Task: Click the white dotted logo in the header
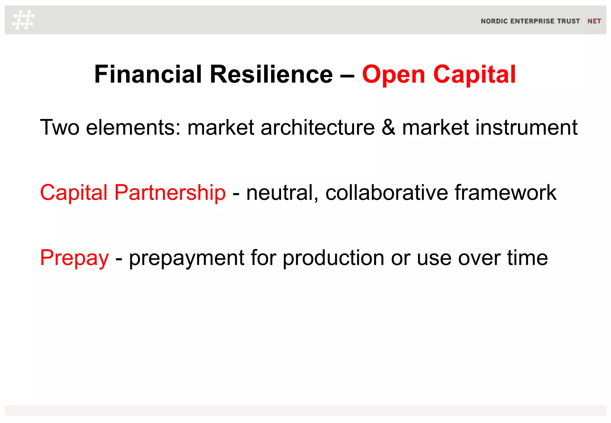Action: coord(23,20)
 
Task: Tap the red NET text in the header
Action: coord(594,21)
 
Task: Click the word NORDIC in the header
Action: coord(494,21)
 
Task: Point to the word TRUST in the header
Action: coord(569,21)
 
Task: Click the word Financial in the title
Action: coord(148,74)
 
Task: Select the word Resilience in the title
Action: coord(271,74)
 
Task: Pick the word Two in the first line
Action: coord(60,128)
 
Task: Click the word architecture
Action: coord(317,128)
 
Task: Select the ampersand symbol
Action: coord(388,128)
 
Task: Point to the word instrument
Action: coord(526,128)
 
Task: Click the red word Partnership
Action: coord(170,193)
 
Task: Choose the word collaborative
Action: coord(386,193)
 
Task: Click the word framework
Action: coord(505,193)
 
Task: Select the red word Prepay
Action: coord(75,258)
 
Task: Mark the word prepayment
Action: coord(187,258)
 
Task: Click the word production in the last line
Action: coord(333,258)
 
